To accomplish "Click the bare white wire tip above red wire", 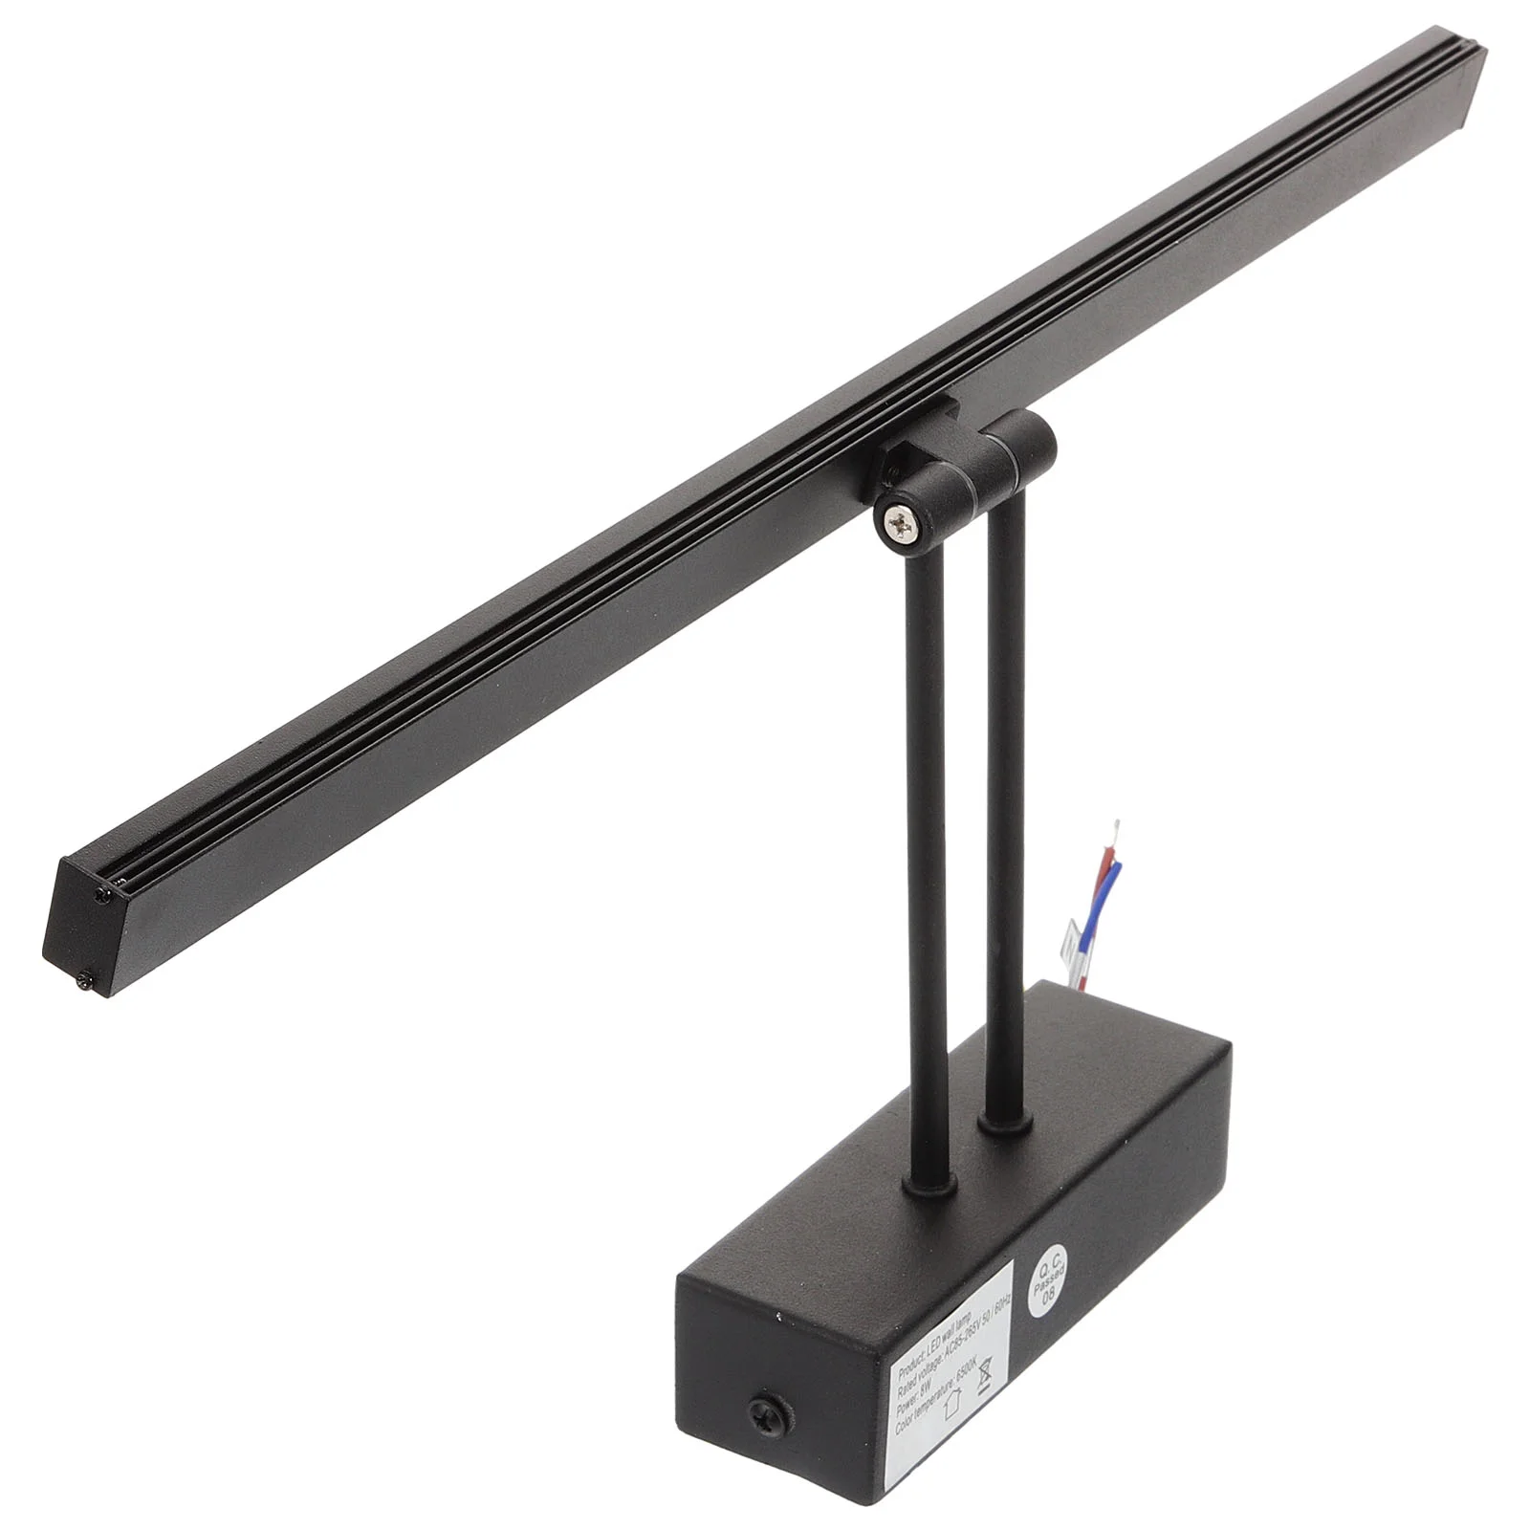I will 1117,825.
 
